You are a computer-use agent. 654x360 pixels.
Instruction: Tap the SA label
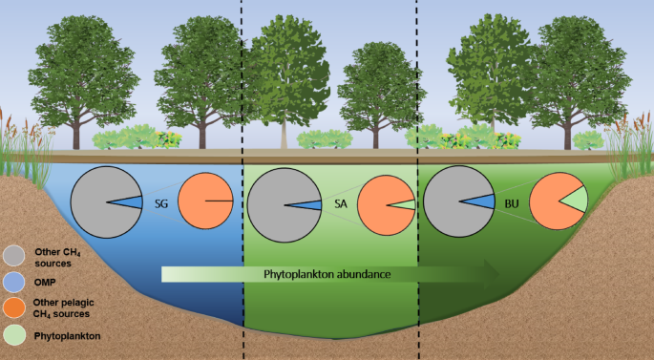tap(339, 203)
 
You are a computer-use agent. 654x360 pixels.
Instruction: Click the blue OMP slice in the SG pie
tap(135, 202)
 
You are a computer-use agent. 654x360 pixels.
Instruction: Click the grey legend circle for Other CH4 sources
tap(13, 255)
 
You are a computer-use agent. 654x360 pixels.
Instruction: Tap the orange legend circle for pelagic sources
tap(13, 307)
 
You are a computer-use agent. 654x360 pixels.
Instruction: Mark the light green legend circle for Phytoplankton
tap(13, 336)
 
